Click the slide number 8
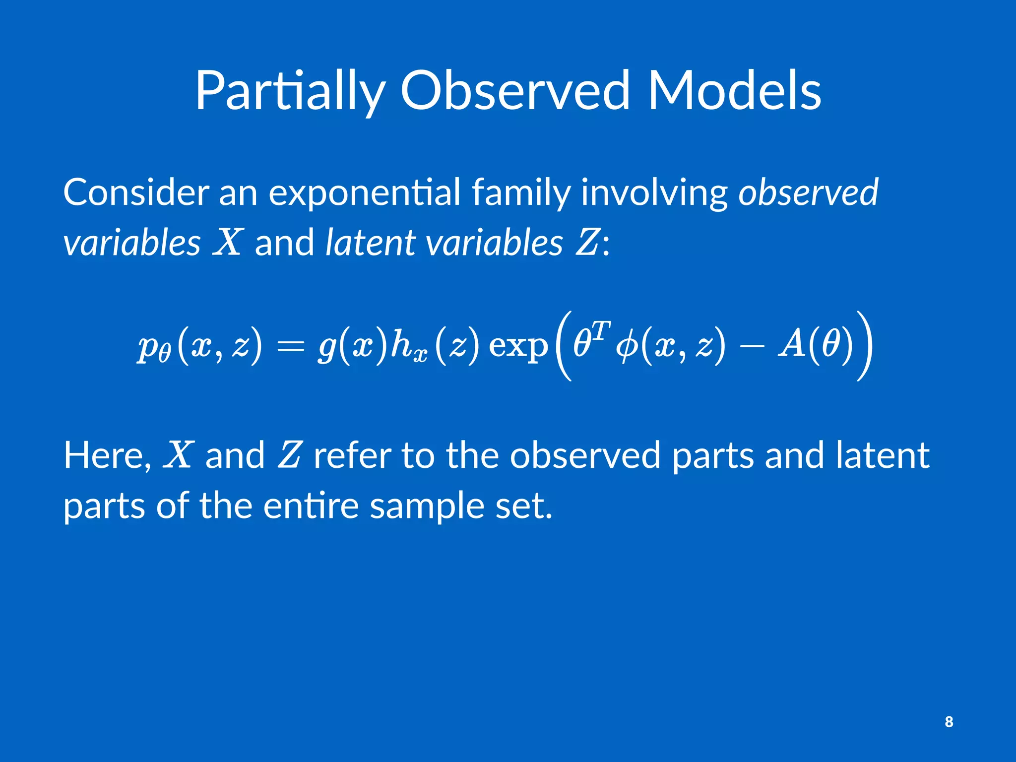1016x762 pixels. click(949, 722)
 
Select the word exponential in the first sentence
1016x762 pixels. click(365, 193)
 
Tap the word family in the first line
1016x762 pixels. click(521, 193)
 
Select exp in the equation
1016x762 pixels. click(518, 346)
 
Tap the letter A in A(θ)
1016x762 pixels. click(792, 344)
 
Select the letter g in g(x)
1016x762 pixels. click(327, 347)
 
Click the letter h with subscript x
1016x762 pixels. click(400, 344)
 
